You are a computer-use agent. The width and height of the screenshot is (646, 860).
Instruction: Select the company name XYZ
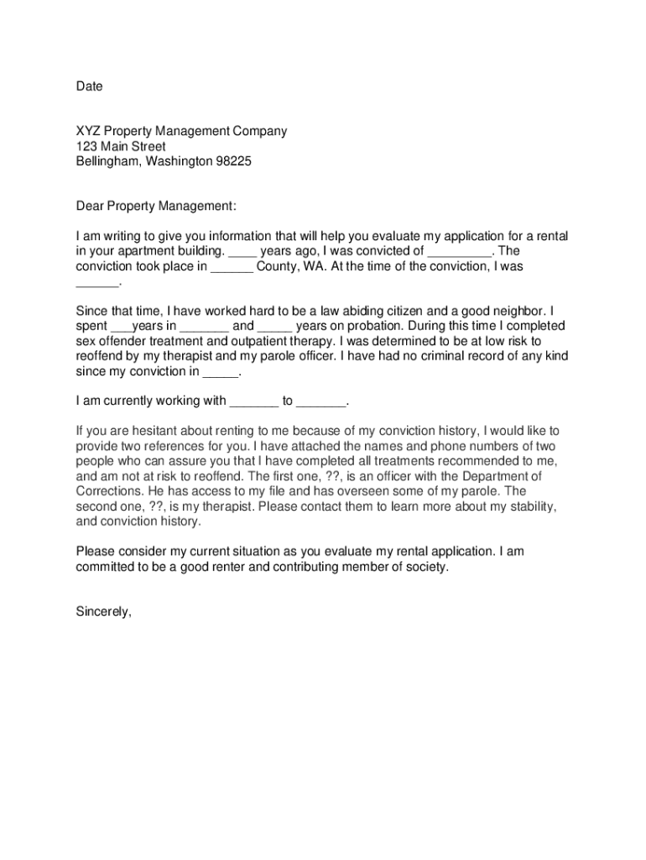87,131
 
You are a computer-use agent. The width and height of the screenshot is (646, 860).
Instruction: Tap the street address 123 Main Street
121,146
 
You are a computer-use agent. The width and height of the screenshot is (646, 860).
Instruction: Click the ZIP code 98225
234,161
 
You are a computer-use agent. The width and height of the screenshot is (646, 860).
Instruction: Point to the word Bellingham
107,161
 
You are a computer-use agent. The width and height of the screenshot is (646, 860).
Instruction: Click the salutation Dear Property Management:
156,206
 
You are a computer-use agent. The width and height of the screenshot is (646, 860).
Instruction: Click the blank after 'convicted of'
459,251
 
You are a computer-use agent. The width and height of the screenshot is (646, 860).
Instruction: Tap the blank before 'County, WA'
232,266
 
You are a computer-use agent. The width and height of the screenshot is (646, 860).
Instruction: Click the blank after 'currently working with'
253,401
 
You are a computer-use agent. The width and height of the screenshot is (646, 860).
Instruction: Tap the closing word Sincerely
104,611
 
